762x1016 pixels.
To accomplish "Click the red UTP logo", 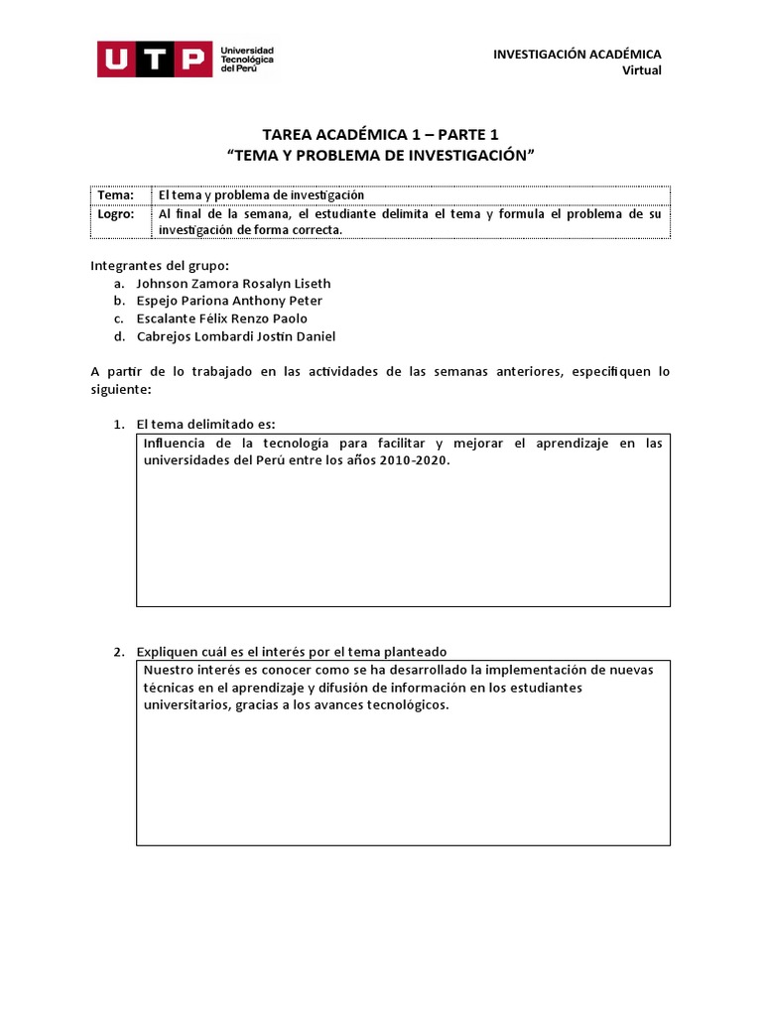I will click(x=154, y=60).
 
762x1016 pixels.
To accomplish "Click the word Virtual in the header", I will click(x=641, y=69).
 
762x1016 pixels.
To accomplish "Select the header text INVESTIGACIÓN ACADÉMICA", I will click(x=577, y=54).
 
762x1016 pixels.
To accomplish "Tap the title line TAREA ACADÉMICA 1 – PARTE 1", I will click(x=381, y=134).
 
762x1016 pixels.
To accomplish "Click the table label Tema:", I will click(x=116, y=195).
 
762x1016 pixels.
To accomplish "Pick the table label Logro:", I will click(x=117, y=213).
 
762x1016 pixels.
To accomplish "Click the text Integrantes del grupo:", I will click(x=160, y=265).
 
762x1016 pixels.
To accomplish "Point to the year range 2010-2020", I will click(x=414, y=461).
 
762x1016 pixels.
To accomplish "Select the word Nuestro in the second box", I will click(x=170, y=670).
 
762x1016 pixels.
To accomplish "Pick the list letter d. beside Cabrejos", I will click(x=118, y=336).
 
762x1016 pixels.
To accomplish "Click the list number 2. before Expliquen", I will click(x=118, y=652).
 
